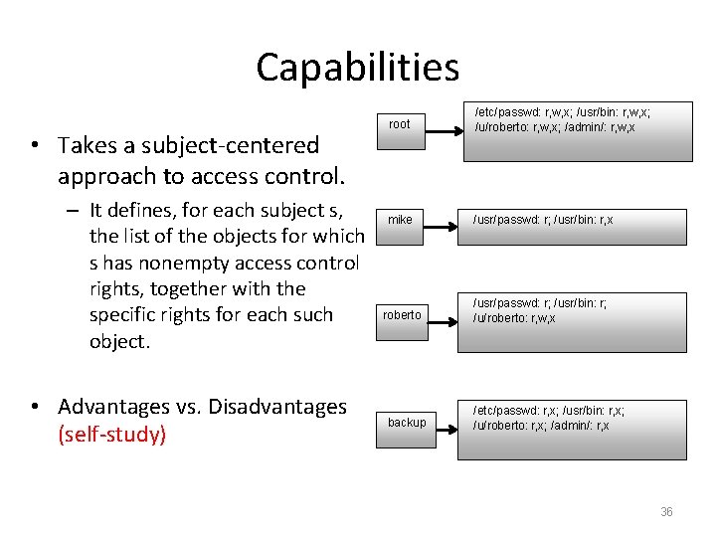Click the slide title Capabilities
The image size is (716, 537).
point(357,68)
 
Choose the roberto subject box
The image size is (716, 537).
point(403,315)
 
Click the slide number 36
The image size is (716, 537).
point(666,512)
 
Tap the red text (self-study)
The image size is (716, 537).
point(111,436)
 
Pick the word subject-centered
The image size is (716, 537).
point(215,145)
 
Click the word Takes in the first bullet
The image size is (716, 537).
point(86,145)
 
